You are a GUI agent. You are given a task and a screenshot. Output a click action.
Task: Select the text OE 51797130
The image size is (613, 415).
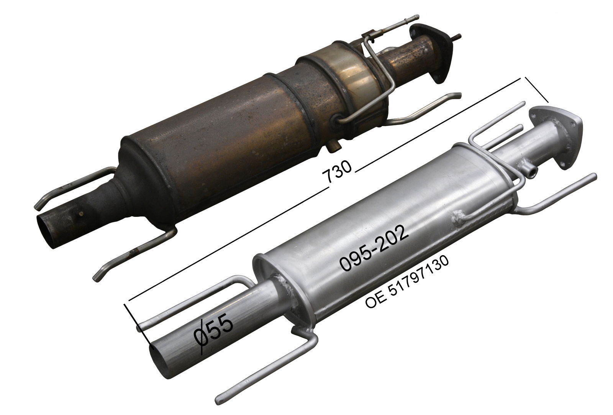click(x=407, y=282)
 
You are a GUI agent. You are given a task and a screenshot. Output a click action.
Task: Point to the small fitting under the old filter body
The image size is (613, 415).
click(x=334, y=147)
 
